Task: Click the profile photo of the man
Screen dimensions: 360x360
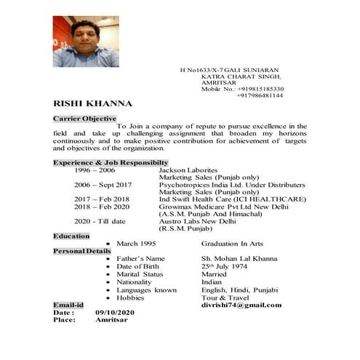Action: tap(86, 41)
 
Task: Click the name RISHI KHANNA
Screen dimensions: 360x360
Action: tap(93, 103)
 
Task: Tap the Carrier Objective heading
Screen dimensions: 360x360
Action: tap(84, 118)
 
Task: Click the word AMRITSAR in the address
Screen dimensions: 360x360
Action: tap(219, 82)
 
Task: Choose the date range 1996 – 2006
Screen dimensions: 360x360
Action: tap(95, 169)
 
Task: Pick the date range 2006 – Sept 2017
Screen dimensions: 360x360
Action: tap(103, 184)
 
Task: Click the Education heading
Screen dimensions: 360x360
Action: tap(71, 236)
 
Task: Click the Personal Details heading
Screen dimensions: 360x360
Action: tap(82, 251)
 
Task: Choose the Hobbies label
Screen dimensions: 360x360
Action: tap(130, 297)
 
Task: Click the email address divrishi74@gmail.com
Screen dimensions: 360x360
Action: tap(241, 305)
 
